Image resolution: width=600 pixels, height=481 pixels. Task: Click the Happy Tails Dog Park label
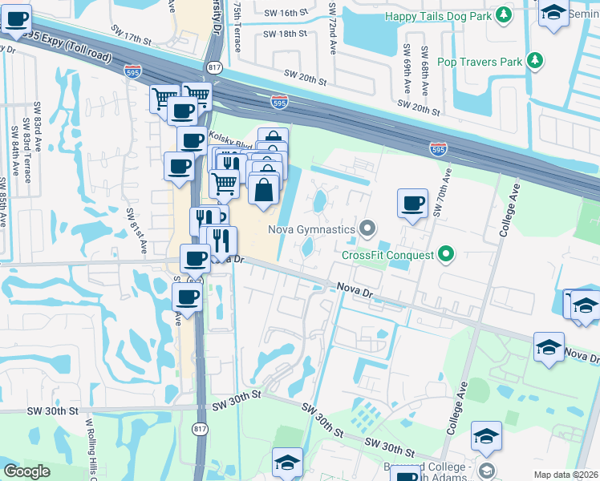437,15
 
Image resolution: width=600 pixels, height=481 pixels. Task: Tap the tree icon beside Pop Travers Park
535,61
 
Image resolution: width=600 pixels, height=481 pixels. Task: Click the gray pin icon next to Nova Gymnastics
367,230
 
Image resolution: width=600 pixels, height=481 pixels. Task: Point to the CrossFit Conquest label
387,256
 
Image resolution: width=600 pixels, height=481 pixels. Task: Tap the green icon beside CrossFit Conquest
447,256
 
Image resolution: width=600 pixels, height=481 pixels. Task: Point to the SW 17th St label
127,39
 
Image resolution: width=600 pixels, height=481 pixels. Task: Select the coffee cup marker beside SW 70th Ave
412,204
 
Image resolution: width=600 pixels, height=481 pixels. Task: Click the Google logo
27,471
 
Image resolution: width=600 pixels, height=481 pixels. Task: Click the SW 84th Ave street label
14,148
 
